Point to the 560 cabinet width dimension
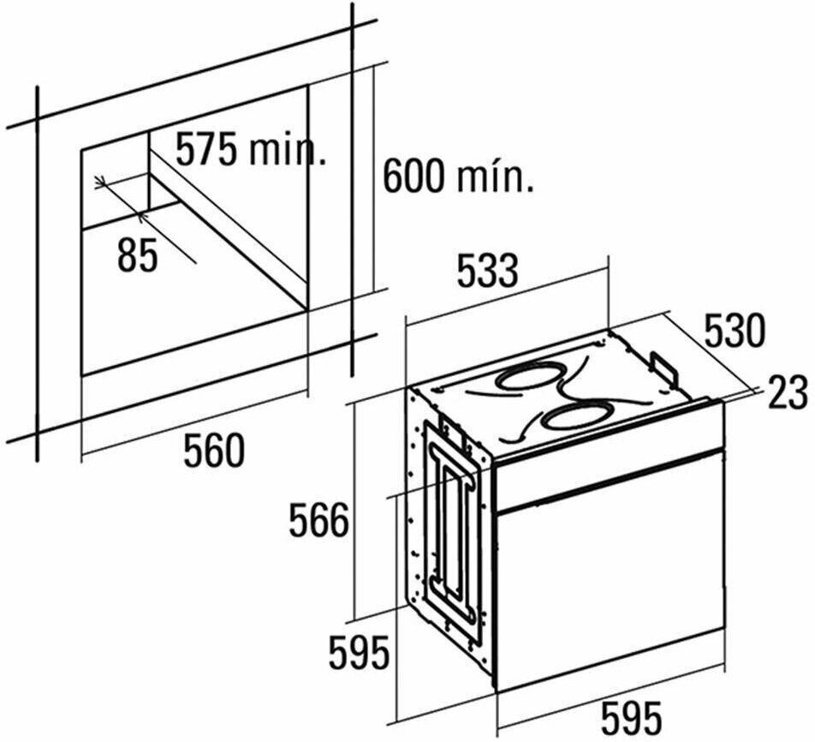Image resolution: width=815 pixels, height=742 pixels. [214, 451]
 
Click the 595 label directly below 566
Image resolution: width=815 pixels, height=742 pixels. [359, 654]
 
